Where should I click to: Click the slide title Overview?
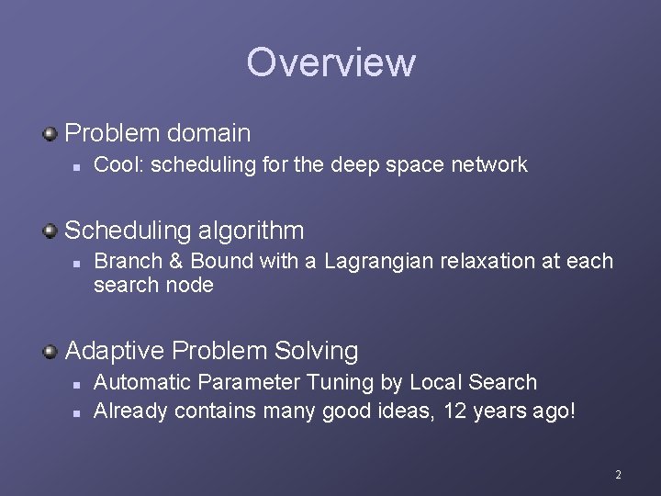[330, 62]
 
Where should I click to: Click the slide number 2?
[618, 475]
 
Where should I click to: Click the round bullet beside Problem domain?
[50, 134]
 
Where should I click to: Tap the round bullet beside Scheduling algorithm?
[50, 229]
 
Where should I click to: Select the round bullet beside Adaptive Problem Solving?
[50, 351]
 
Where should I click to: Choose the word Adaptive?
[116, 351]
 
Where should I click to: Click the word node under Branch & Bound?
[189, 286]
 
